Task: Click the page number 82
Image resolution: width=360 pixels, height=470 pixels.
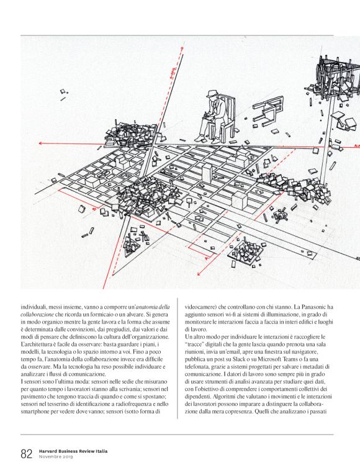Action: [x=26, y=453]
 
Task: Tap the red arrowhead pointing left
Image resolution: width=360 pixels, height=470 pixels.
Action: [x=41, y=143]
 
